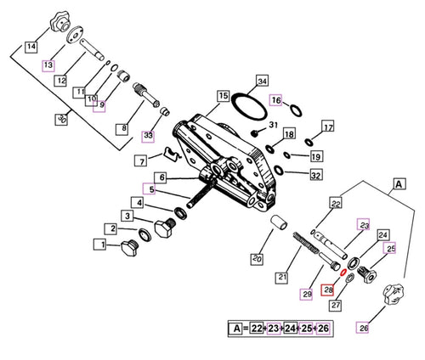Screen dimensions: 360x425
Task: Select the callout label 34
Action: click(x=263, y=82)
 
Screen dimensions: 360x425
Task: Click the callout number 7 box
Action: click(x=142, y=161)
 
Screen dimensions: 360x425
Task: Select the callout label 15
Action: click(x=223, y=96)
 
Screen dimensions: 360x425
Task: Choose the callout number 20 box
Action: click(x=256, y=258)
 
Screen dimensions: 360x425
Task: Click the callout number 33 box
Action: click(x=149, y=134)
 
